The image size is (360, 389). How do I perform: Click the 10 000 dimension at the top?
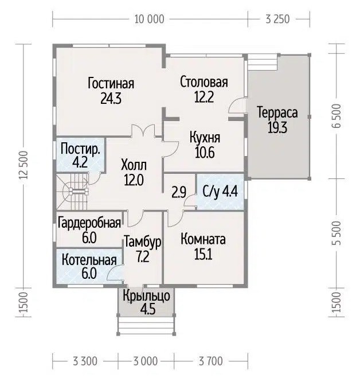click(x=149, y=20)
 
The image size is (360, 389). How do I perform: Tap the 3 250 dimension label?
click(x=277, y=20)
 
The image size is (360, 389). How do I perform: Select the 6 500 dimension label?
click(x=336, y=115)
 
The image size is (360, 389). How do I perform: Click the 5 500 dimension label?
click(x=336, y=233)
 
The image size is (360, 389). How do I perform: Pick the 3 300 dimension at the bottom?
click(x=85, y=361)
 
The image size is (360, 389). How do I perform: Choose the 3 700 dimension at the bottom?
click(x=211, y=361)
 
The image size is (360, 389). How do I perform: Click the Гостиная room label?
click(x=111, y=83)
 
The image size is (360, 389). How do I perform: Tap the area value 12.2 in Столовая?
click(x=204, y=97)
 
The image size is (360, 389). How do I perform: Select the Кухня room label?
click(x=205, y=138)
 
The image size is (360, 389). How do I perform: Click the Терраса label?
click(x=277, y=113)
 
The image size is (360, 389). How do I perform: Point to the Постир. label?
click(x=80, y=149)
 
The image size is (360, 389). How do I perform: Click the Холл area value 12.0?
click(x=134, y=180)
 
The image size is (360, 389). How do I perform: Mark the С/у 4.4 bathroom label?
click(x=220, y=192)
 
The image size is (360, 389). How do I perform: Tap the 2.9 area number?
click(x=179, y=192)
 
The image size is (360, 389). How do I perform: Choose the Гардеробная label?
click(x=89, y=223)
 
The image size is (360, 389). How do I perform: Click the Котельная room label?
click(x=89, y=260)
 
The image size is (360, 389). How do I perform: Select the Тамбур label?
click(x=143, y=242)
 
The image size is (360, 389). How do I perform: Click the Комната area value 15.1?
click(x=203, y=254)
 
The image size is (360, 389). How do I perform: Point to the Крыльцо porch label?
click(x=147, y=295)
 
